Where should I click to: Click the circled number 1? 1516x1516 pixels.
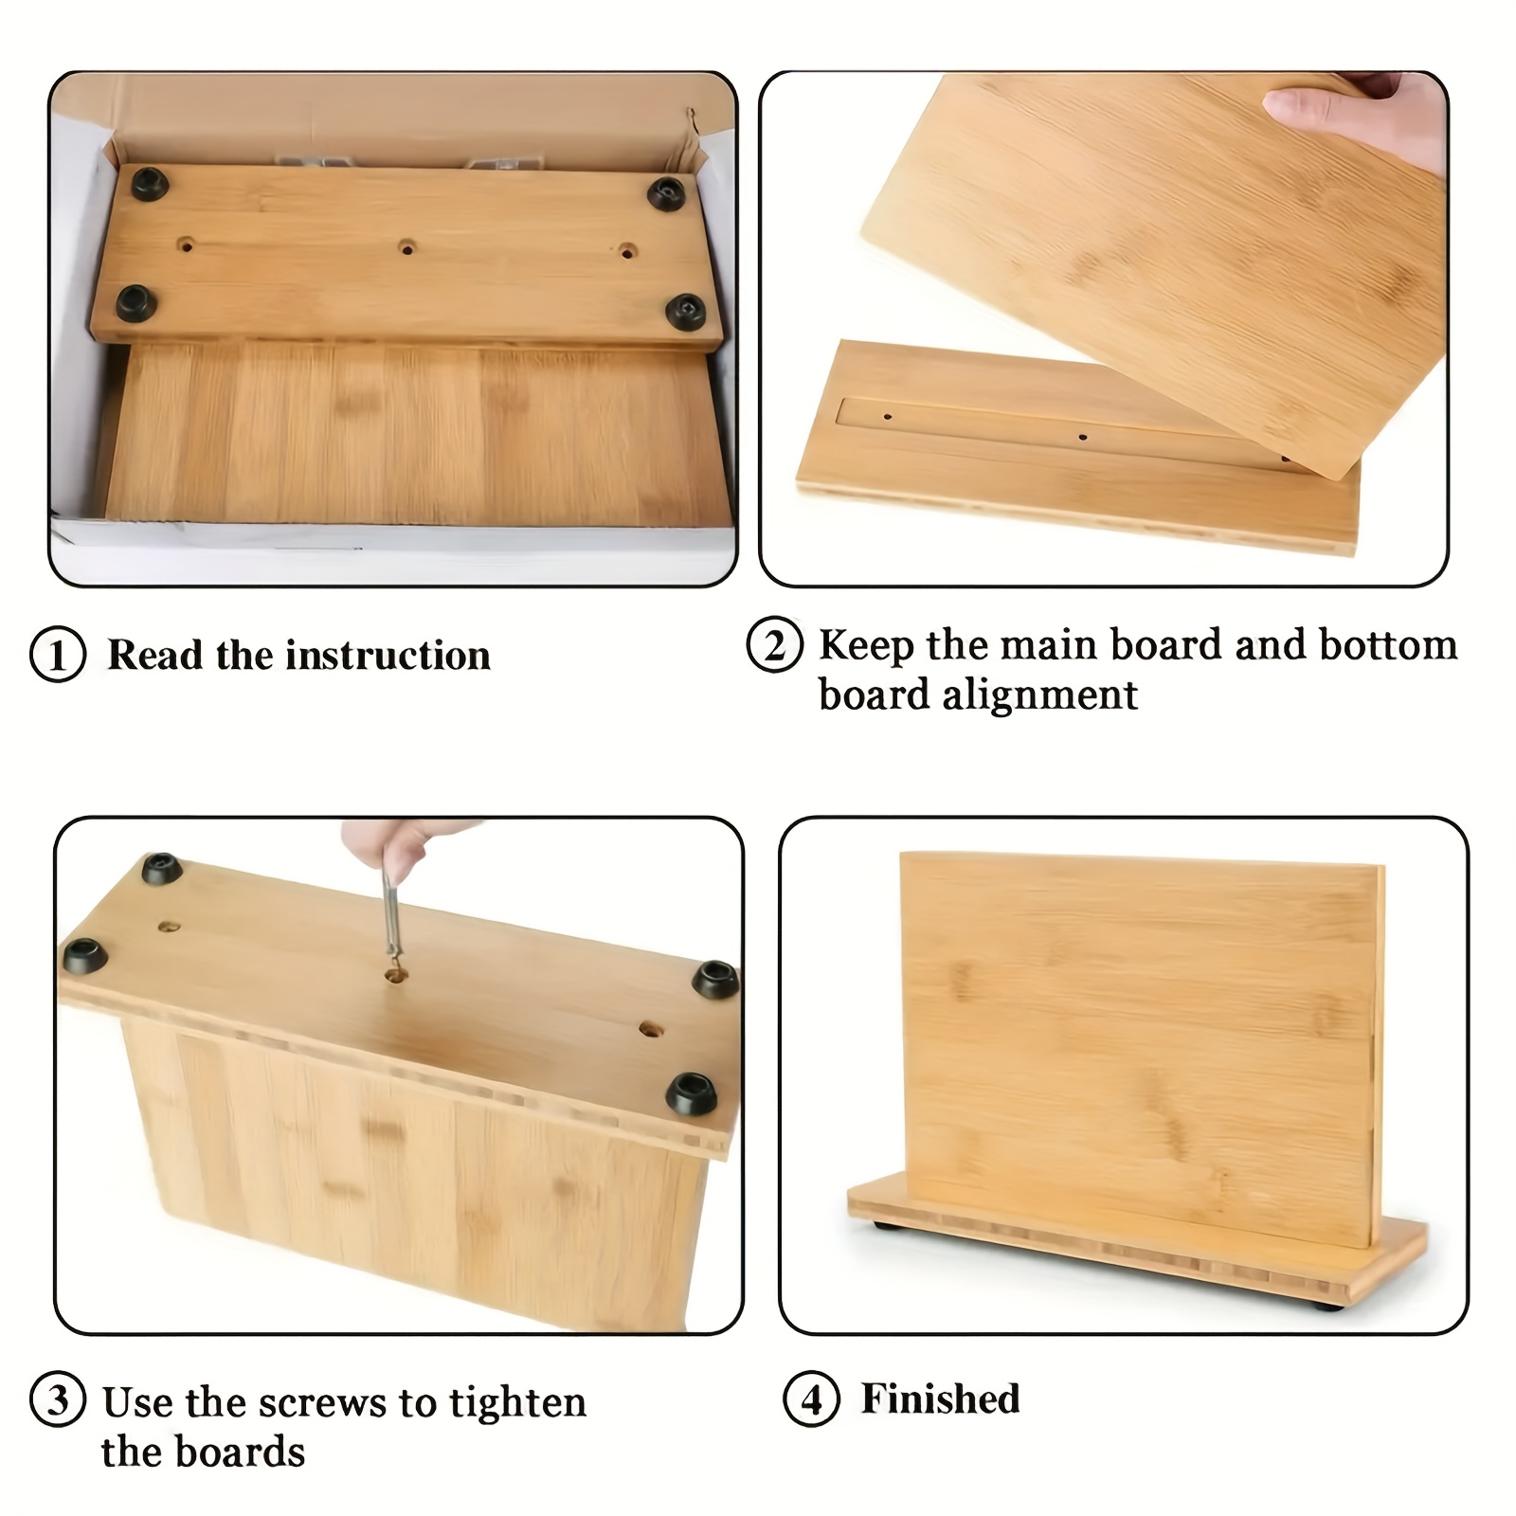pos(58,655)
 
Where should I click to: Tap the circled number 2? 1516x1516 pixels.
pos(775,645)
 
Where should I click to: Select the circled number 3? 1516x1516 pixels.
pos(58,1399)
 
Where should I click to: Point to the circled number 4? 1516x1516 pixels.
pos(811,1399)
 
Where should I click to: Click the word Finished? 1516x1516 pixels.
pos(940,1399)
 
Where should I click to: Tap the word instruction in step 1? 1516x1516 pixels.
pos(388,655)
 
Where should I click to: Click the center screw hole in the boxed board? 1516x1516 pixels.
pos(406,248)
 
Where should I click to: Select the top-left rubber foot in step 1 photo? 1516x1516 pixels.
pos(149,184)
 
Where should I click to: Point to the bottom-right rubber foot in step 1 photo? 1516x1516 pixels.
pos(686,310)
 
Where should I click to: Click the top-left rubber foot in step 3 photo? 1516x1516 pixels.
pos(162,869)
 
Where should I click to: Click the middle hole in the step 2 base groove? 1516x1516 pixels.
pos(1083,438)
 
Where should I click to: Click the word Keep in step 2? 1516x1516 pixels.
pos(867,646)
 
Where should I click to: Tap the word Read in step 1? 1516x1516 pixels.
pos(155,655)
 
